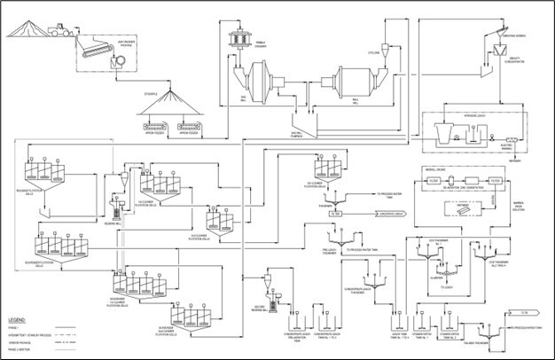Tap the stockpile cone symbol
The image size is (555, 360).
point(175,106)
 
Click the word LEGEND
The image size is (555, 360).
point(20,317)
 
